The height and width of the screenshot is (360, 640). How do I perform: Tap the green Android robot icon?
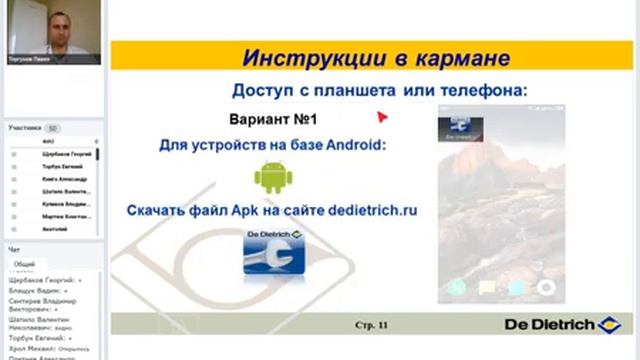click(x=272, y=178)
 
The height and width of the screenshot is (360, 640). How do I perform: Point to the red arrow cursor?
click(x=382, y=115)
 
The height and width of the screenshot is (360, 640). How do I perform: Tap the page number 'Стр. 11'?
click(x=372, y=325)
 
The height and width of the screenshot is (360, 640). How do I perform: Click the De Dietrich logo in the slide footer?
click(x=566, y=324)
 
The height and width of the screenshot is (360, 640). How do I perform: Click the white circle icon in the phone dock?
click(x=546, y=288)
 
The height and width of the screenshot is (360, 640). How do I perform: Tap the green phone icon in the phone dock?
click(x=458, y=288)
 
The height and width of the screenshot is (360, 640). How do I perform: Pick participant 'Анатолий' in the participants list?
click(x=55, y=229)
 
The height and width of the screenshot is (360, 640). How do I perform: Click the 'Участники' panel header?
click(x=25, y=128)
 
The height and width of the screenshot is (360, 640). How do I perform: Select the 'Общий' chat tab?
click(x=23, y=264)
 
